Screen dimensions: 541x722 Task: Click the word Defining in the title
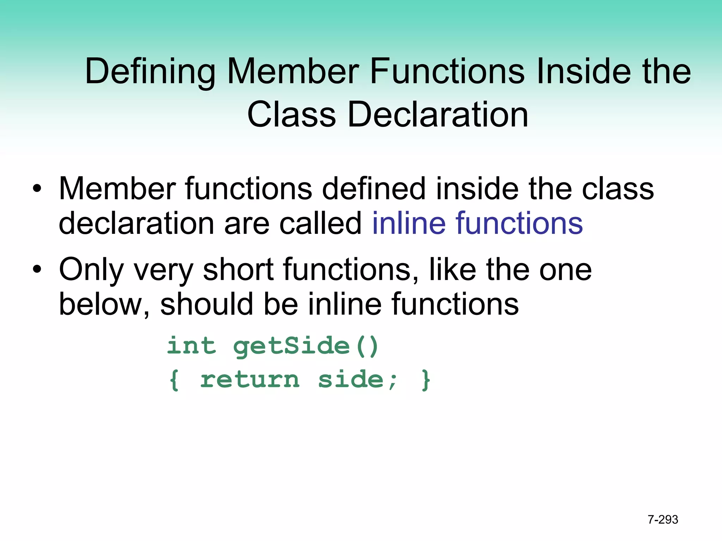[150, 72]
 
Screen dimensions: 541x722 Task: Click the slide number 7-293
[663, 520]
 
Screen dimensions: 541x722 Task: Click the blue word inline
[409, 223]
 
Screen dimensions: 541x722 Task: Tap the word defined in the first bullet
[374, 189]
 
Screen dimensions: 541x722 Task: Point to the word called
[320, 223]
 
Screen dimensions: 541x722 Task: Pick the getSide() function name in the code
[306, 346]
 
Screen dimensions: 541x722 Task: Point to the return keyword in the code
[250, 380]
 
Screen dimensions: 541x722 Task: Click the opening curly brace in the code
[174, 380]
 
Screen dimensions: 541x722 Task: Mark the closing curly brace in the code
[426, 380]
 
